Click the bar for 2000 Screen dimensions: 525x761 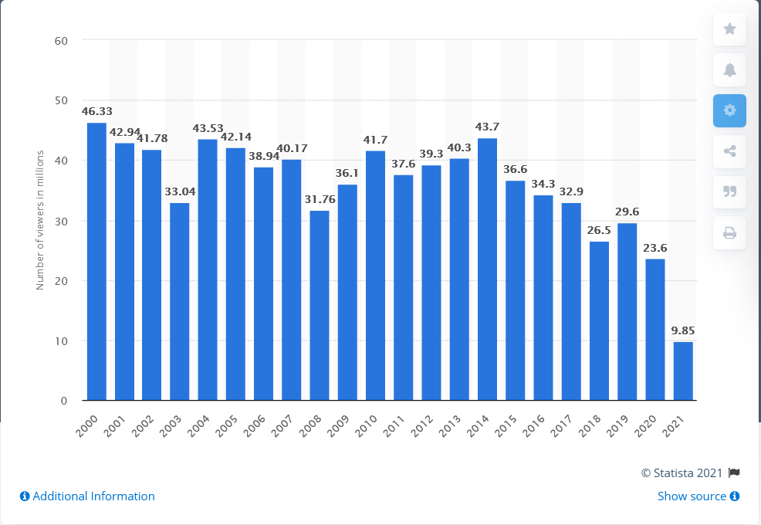click(96, 262)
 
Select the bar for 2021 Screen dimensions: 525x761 click(683, 371)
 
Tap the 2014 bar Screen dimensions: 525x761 click(487, 269)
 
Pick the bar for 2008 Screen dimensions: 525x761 click(320, 305)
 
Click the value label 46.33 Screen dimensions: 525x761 click(96, 112)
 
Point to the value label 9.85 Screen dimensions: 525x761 click(683, 331)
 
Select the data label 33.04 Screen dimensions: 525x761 click(180, 192)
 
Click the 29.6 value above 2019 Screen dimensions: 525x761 click(627, 212)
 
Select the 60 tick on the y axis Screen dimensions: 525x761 click(62, 40)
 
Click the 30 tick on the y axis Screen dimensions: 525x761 click(62, 221)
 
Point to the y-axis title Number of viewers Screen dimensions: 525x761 click(39, 220)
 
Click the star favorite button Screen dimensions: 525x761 click(729, 29)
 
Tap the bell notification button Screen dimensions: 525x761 click(729, 69)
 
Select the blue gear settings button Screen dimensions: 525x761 click(729, 110)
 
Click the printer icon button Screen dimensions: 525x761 click(729, 232)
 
